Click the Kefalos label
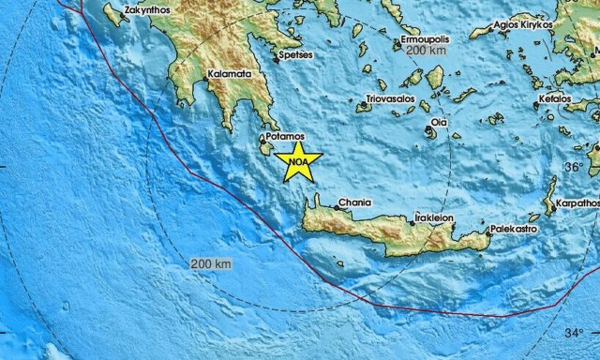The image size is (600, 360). pyautogui.click(x=555, y=98)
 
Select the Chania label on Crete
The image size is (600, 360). pyautogui.click(x=355, y=202)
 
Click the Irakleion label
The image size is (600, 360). pyautogui.click(x=434, y=217)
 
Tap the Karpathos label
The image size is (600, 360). pyautogui.click(x=576, y=203)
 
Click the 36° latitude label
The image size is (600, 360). pyautogui.click(x=573, y=167)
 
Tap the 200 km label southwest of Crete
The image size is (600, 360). pyautogui.click(x=210, y=264)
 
